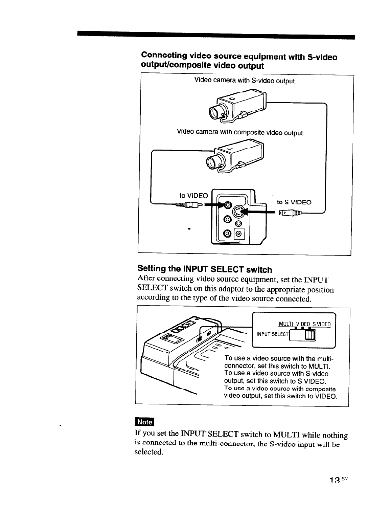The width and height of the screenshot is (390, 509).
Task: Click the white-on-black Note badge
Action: coord(144,422)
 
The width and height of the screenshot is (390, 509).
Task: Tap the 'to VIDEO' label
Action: coord(193,196)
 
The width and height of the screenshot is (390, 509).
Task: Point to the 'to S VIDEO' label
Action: coord(294,202)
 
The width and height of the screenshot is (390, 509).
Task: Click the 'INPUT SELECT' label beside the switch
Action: coord(272,335)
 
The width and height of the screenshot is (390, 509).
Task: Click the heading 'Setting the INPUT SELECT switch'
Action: coord(205,269)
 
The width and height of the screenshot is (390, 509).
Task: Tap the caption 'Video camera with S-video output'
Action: coord(244,81)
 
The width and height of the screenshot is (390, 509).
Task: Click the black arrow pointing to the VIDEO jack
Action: coord(214,205)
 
